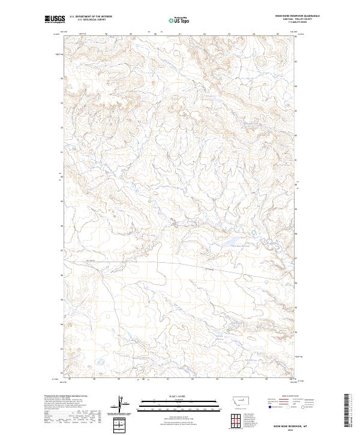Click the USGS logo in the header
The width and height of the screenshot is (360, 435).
(x=55, y=20)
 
